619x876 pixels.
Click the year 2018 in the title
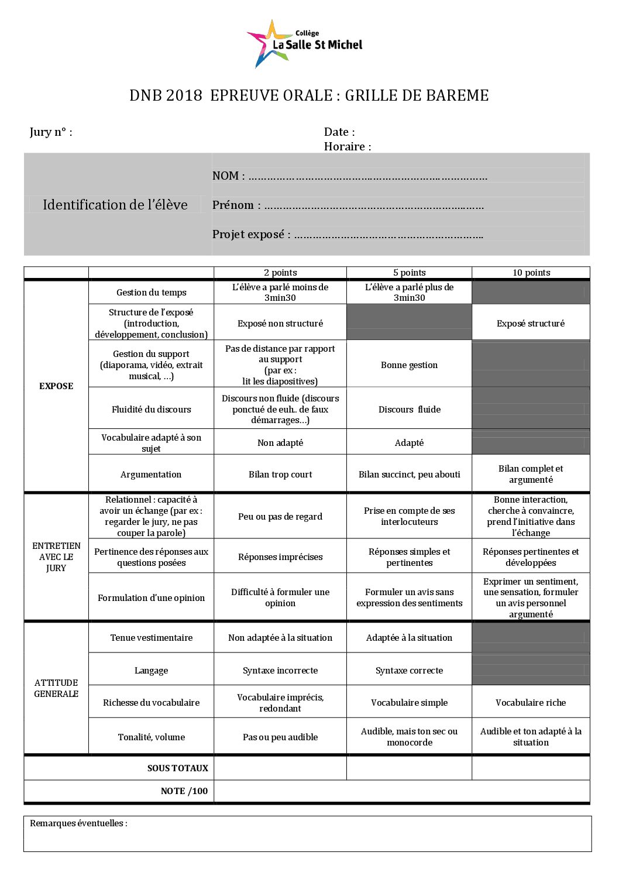184,96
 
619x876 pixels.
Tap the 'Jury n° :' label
51,132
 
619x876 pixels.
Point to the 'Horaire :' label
348,147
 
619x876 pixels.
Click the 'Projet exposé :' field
348,235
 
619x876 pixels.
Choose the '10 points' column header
531,273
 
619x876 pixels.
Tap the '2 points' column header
280,273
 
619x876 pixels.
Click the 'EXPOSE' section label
56,386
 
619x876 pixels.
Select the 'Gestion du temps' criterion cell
151,293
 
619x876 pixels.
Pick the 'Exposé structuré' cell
531,324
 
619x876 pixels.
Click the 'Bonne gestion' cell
409,365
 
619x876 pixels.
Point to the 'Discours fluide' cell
409,410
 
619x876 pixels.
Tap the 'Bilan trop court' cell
280,475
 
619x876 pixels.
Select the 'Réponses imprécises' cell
280,557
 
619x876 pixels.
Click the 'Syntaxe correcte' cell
409,671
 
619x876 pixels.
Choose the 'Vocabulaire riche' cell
531,703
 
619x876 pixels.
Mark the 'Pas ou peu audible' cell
280,737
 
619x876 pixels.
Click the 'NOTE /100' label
184,791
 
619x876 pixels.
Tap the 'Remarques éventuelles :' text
78,823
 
